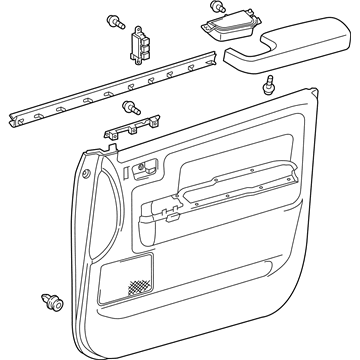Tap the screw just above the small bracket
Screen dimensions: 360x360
[x=128, y=107]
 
